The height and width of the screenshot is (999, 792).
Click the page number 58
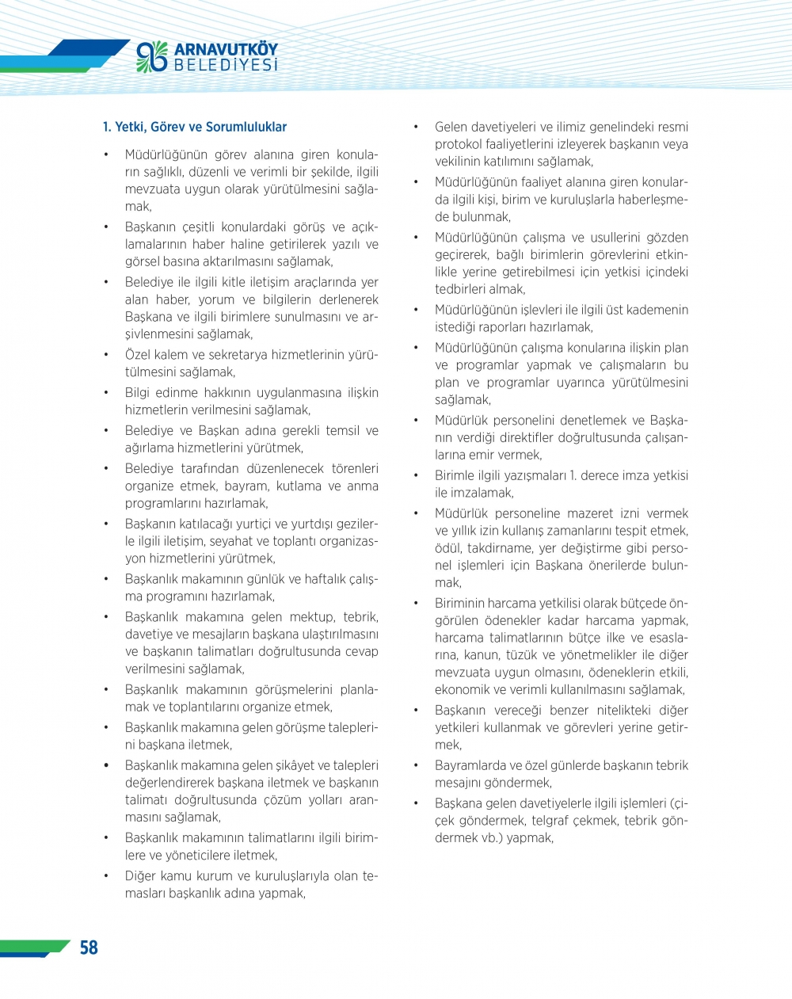point(89,948)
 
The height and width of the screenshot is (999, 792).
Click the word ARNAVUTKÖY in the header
point(226,50)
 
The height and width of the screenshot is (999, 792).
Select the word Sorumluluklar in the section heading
point(246,127)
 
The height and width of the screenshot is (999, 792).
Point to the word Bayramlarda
point(471,765)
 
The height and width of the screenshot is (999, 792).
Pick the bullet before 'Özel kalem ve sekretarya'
point(106,355)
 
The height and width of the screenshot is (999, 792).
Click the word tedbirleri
point(463,289)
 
